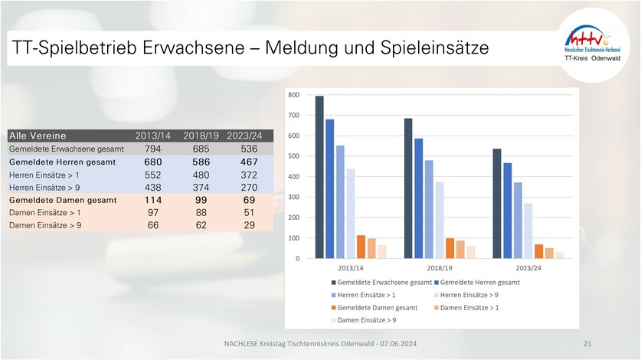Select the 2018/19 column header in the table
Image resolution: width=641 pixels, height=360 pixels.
pyautogui.click(x=201, y=136)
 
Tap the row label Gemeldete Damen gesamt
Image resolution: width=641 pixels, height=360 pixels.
pyautogui.click(x=63, y=200)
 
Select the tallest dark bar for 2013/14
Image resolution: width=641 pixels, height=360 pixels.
pyautogui.click(x=319, y=177)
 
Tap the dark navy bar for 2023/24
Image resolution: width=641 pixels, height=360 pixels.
pyautogui.click(x=497, y=204)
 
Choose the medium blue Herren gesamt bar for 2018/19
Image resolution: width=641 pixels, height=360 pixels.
pyautogui.click(x=419, y=198)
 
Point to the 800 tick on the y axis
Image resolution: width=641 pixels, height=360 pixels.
pyautogui.click(x=293, y=96)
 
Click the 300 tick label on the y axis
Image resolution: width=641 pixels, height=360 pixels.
pyautogui.click(x=293, y=198)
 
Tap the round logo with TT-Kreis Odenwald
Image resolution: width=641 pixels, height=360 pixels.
pyautogui.click(x=594, y=44)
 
